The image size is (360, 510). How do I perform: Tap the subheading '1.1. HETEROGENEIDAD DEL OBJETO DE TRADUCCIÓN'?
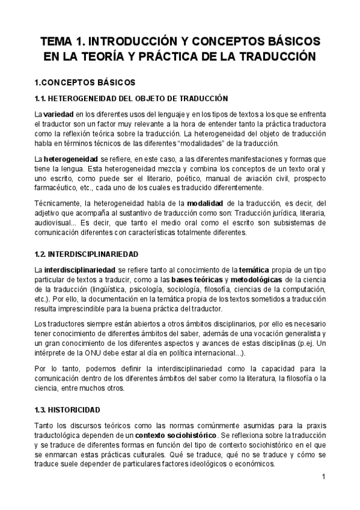pos(131,98)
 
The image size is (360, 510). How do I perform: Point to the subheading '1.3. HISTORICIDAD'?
pos(67,410)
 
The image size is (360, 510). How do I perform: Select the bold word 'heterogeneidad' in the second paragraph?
pos(71,158)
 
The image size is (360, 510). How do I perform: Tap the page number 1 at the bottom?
pos(323,478)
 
